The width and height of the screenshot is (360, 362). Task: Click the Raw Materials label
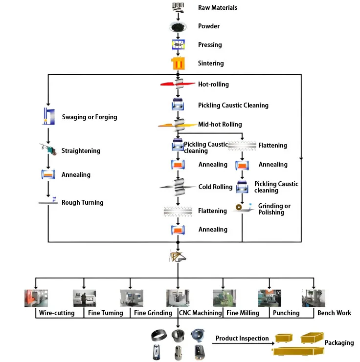coord(217,7)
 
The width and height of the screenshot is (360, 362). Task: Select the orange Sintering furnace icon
coord(177,64)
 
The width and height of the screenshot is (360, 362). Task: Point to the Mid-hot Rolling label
coord(220,124)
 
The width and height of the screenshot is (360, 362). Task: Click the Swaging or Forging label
coord(90,117)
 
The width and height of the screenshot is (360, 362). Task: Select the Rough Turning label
coord(82,202)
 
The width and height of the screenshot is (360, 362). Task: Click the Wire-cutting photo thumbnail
coord(36,298)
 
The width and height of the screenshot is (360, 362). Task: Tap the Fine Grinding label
coord(153,313)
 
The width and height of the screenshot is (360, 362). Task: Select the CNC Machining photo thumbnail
coord(177,298)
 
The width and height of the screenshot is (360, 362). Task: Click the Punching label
coord(286,313)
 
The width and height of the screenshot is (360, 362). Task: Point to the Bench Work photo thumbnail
coord(314,298)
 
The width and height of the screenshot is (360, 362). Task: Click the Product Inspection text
coord(242,338)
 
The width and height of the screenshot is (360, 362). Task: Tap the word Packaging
coord(339,342)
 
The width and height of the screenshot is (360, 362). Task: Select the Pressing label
coord(210,45)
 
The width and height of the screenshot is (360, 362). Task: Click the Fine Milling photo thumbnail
coord(224,298)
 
